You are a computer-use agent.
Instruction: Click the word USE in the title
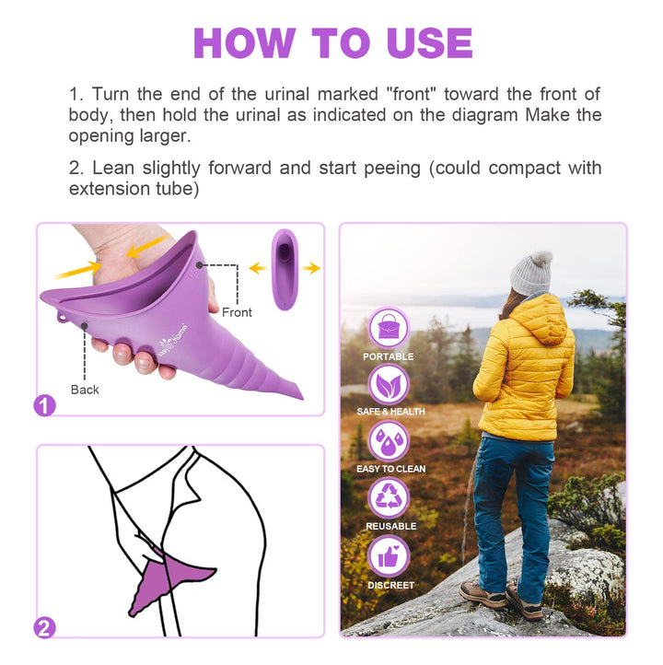click(x=429, y=43)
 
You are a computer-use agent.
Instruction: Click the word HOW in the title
click(x=244, y=43)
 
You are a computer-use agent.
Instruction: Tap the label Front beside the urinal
click(x=237, y=312)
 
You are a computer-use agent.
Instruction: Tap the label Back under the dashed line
click(x=85, y=390)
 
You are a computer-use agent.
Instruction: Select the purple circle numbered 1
click(x=44, y=405)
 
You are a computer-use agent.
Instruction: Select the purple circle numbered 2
click(x=44, y=628)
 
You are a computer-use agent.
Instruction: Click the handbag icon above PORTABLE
click(x=389, y=328)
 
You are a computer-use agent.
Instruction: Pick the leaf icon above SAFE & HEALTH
click(x=389, y=385)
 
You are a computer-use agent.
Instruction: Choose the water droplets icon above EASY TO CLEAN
click(x=389, y=441)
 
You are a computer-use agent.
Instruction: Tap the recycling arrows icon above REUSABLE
click(x=389, y=498)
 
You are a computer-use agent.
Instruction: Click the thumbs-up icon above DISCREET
click(x=389, y=556)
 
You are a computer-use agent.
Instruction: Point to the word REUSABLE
click(x=390, y=526)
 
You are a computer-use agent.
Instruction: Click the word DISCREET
click(x=390, y=585)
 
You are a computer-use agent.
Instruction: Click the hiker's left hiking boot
click(x=483, y=594)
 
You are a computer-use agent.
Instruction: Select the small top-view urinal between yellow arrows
click(x=285, y=269)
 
